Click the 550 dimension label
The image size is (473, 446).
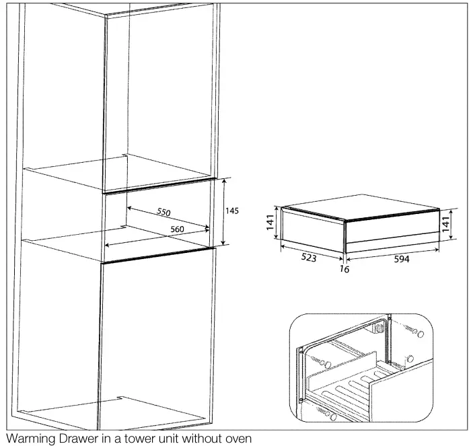[x=163, y=212]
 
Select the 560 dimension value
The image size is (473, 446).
[x=177, y=229]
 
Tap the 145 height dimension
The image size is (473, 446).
[x=231, y=211]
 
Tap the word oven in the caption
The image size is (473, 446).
[x=237, y=439]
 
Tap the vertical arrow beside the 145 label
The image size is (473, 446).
[x=223, y=212]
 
